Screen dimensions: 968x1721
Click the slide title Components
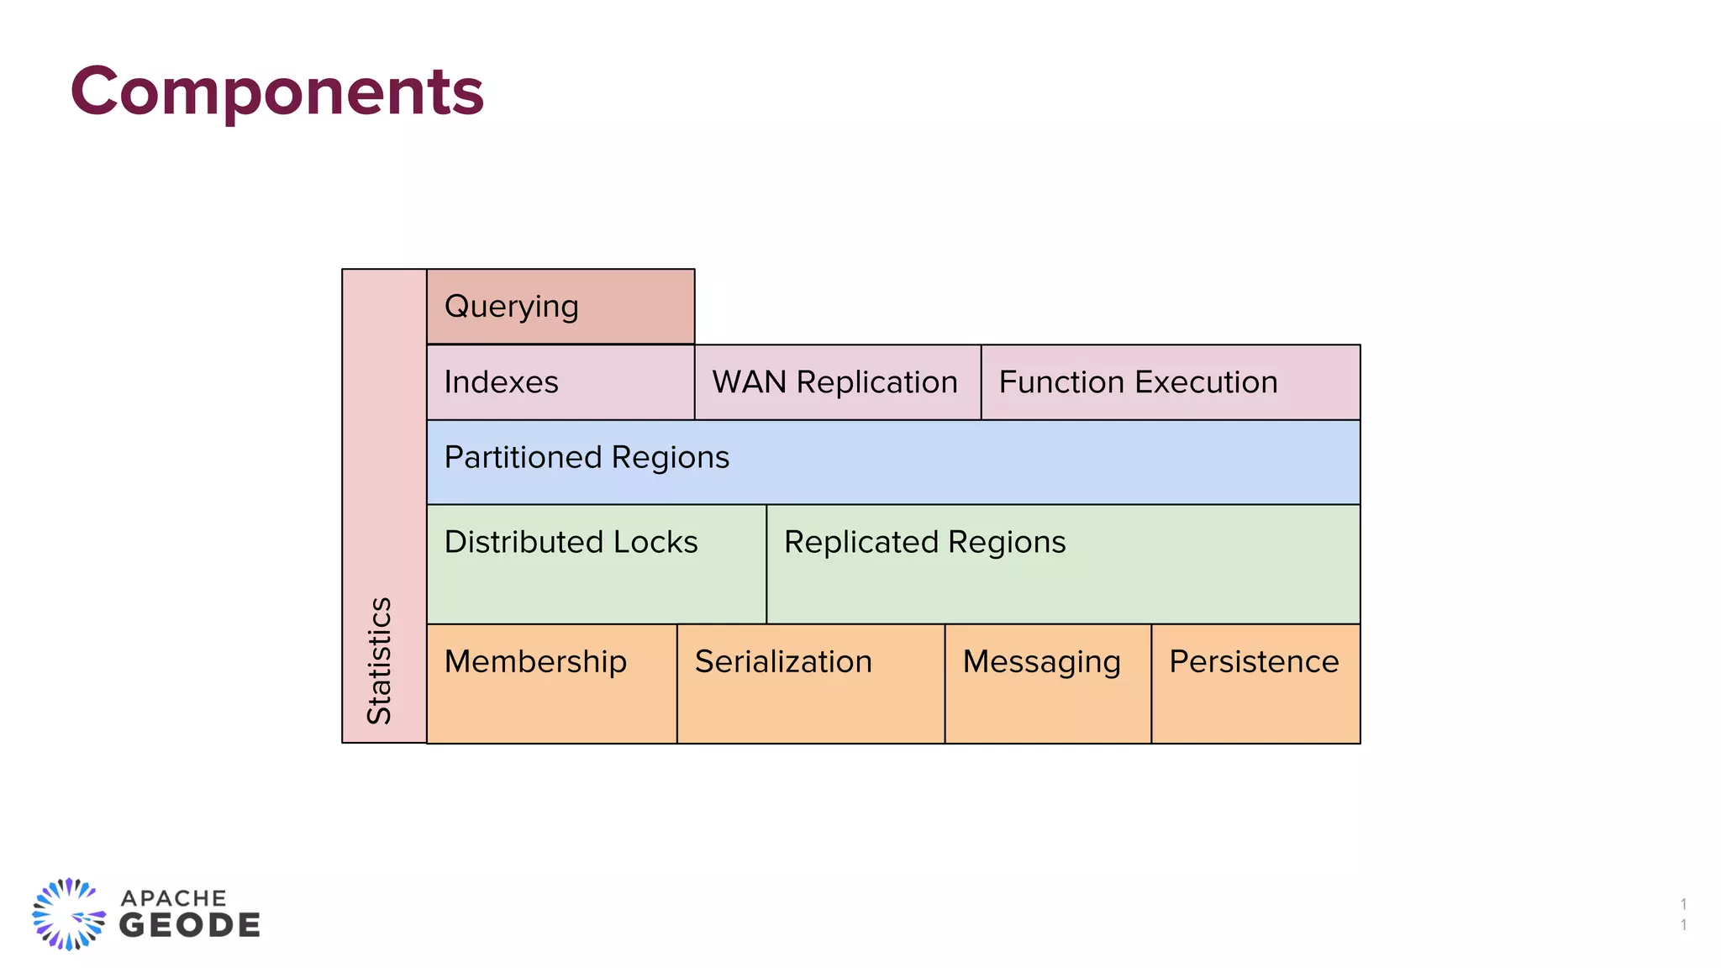[x=277, y=91]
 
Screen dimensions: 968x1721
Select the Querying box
[x=561, y=307]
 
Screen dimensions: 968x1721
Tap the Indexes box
[x=561, y=382]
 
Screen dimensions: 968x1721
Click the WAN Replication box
[x=837, y=382]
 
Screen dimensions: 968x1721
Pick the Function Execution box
[x=1170, y=382]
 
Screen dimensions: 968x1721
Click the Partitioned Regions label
[x=587, y=458]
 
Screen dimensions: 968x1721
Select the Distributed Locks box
[x=596, y=564]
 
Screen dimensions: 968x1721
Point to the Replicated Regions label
[x=924, y=543]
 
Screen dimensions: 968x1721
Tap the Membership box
[x=551, y=683]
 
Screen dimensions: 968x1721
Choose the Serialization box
[x=810, y=683]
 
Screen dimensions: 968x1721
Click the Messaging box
[x=1047, y=683]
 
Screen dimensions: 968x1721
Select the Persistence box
[x=1255, y=683]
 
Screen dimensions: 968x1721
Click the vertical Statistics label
[x=380, y=660]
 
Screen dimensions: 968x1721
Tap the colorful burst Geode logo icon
[x=69, y=914]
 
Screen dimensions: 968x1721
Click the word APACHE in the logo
[x=174, y=898]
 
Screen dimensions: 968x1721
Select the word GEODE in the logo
[x=190, y=926]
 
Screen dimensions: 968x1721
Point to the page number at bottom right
[x=1683, y=914]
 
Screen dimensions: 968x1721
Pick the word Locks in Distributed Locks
[x=655, y=543]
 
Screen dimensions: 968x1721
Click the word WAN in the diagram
[x=749, y=382]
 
